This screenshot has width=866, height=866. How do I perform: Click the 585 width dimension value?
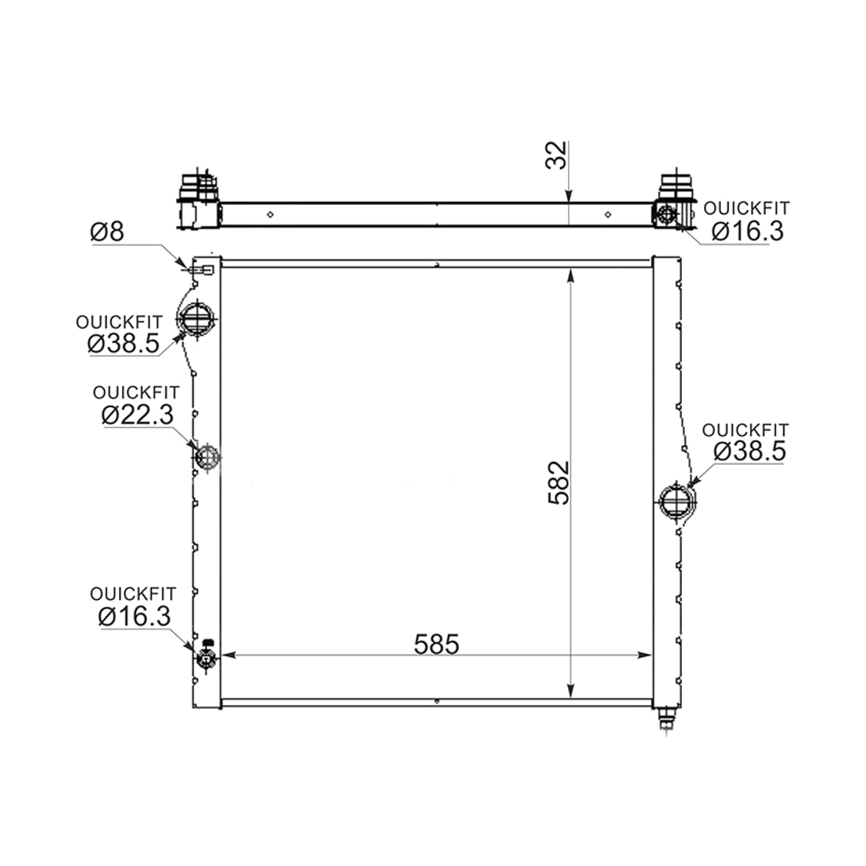click(x=437, y=644)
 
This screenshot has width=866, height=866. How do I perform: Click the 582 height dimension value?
click(x=559, y=483)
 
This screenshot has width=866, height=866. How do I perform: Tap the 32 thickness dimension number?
click(x=556, y=155)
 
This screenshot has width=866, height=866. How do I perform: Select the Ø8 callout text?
click(x=107, y=232)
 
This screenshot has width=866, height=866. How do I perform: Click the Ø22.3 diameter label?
click(x=138, y=414)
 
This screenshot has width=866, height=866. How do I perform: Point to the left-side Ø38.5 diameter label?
click(x=123, y=344)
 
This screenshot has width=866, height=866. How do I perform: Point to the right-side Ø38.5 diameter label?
click(x=750, y=451)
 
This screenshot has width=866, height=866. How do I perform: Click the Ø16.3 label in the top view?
click(x=748, y=231)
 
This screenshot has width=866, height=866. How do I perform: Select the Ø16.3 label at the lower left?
click(x=134, y=616)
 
